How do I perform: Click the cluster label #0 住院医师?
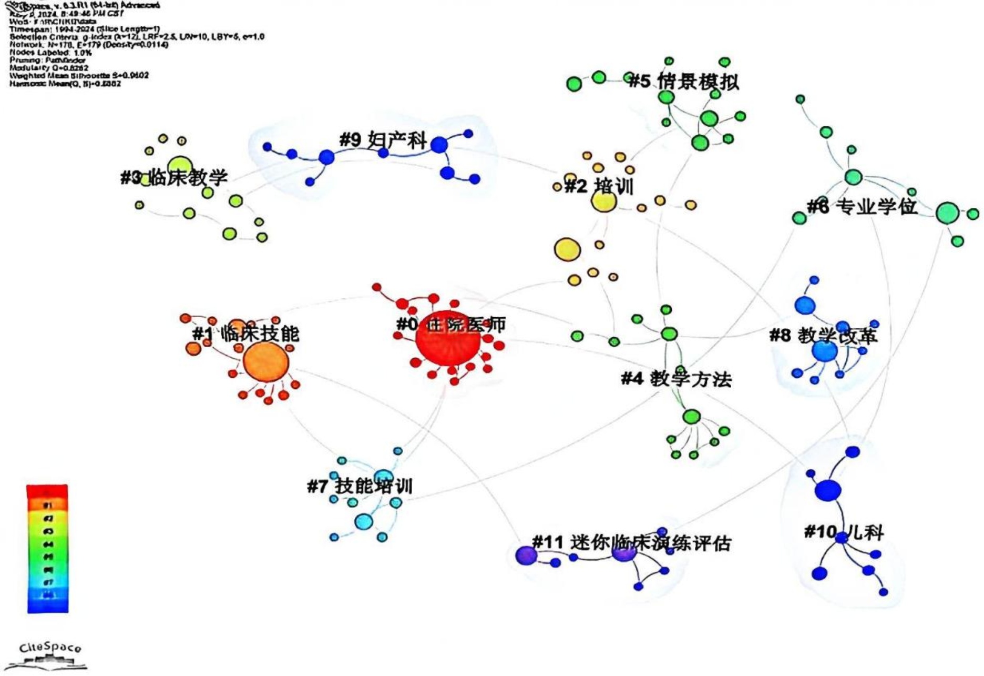coord(450,325)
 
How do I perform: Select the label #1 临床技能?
coord(245,334)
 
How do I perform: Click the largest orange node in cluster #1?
coord(266,364)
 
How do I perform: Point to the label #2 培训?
coord(599,186)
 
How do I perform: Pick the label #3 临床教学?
coord(174,177)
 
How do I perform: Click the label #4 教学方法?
coord(676,379)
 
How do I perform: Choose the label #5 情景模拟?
coord(684,82)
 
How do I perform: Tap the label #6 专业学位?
coord(862,207)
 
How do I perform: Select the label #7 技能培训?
coord(360,486)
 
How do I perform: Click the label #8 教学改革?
coord(823,335)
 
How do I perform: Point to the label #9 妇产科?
coord(383,140)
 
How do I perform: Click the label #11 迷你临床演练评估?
coord(631,543)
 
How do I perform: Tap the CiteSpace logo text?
coord(50,648)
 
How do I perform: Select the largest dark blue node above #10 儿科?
coord(828,490)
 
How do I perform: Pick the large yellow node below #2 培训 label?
coord(567,249)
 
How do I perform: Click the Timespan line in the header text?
coord(84,29)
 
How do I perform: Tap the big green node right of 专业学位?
coord(947,214)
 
